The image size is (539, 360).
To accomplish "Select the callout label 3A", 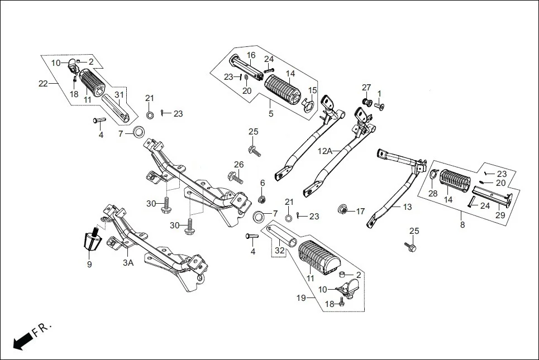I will pos(128,262).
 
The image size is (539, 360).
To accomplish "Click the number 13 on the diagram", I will pos(407,207).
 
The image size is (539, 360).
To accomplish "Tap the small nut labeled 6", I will pos(262,199).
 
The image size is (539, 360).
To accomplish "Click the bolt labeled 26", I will pos(235,178).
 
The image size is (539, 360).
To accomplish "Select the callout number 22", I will pos(43,84).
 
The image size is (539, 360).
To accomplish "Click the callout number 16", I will pos(251,55).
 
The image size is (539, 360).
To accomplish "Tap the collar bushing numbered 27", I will pos(367,103).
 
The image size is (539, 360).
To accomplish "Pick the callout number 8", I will pos(462,225).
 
